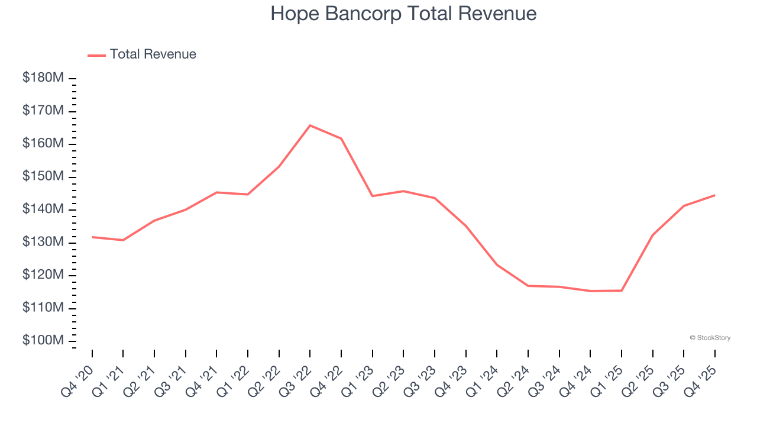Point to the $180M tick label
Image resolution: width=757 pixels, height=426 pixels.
point(43,78)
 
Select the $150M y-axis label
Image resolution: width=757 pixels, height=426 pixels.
point(43,177)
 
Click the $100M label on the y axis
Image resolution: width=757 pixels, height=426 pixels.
point(43,341)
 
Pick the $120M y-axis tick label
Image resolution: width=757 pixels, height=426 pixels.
point(43,275)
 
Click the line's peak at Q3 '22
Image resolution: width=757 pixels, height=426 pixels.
point(310,125)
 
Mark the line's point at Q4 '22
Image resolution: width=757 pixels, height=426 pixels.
point(341,138)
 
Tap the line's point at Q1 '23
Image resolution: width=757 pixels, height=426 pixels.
point(373,196)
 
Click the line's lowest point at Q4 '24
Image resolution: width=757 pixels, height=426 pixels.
point(590,291)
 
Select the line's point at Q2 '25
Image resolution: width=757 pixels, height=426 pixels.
point(652,235)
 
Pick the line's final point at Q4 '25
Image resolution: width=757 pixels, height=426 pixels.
point(714,195)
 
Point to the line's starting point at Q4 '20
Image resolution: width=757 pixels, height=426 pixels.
point(92,237)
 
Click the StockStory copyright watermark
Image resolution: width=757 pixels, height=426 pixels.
point(710,338)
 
